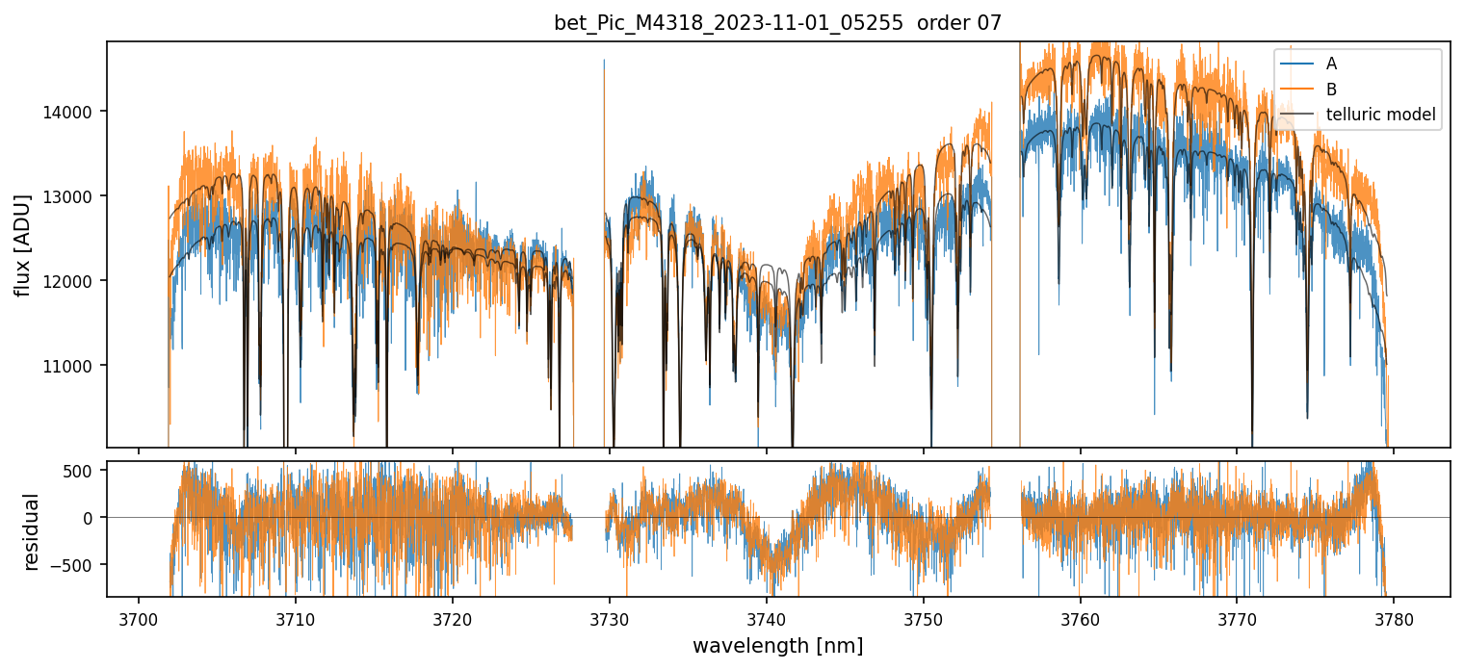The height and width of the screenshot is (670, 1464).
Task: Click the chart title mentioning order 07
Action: click(777, 23)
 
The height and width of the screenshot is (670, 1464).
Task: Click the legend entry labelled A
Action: click(1331, 64)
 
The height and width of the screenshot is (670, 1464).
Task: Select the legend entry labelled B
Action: click(1331, 90)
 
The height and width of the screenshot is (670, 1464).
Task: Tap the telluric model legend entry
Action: click(1380, 116)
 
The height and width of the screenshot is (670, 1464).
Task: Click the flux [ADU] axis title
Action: click(23, 245)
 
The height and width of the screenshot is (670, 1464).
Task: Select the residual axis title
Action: click(32, 531)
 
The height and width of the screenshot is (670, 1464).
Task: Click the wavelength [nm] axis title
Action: click(777, 646)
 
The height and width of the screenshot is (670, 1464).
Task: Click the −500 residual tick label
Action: click(75, 565)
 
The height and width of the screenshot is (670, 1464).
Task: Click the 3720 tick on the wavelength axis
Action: click(452, 618)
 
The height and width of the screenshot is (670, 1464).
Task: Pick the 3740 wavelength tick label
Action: click(766, 618)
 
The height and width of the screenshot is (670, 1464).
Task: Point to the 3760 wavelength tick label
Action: click(1080, 618)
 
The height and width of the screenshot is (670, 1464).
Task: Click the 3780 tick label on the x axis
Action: click(1394, 618)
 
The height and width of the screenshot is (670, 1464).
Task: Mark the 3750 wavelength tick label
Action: click(923, 618)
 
